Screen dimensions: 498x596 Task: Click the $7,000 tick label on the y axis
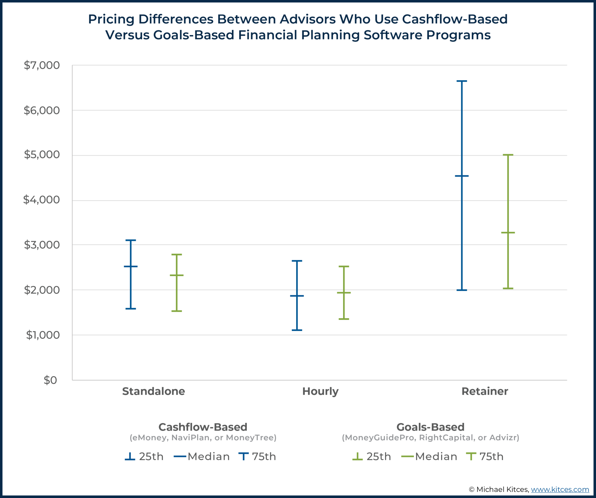pyautogui.click(x=42, y=65)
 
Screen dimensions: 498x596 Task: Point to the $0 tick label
pyautogui.click(x=50, y=380)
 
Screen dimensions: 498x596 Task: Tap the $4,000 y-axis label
pyautogui.click(x=41, y=200)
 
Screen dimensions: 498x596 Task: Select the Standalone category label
pyautogui.click(x=153, y=391)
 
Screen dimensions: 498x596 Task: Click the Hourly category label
pyautogui.click(x=320, y=391)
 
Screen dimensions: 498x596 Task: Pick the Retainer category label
pyautogui.click(x=485, y=391)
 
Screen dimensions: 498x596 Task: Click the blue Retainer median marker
pyautogui.click(x=462, y=176)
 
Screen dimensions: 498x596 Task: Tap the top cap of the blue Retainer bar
pyautogui.click(x=462, y=81)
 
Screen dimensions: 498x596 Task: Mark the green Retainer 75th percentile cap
pyautogui.click(x=508, y=155)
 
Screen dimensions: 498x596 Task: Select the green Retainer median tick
pyautogui.click(x=508, y=232)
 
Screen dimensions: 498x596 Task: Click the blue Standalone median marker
pyautogui.click(x=131, y=266)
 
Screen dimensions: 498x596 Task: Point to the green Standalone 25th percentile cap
pyautogui.click(x=177, y=311)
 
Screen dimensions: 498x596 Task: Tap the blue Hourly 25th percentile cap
pyautogui.click(x=297, y=330)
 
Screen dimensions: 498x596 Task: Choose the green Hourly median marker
pyautogui.click(x=344, y=293)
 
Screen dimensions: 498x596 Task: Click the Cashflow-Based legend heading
pyautogui.click(x=203, y=427)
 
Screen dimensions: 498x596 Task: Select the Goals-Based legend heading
pyautogui.click(x=430, y=427)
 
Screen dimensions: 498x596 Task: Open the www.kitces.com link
pyautogui.click(x=560, y=490)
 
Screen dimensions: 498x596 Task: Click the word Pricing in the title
pyautogui.click(x=111, y=19)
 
